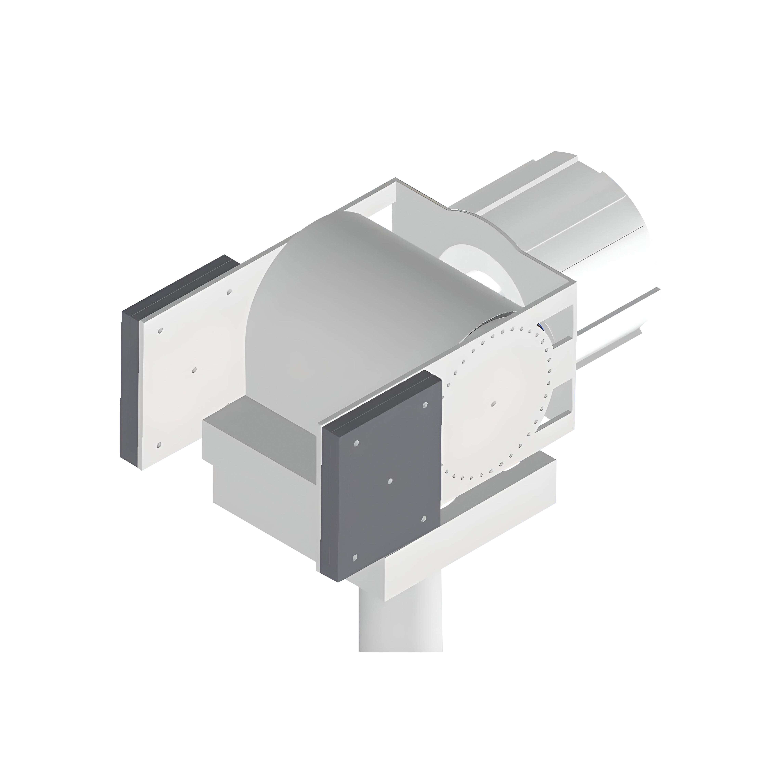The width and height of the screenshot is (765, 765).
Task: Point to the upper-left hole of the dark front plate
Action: (x=356, y=443)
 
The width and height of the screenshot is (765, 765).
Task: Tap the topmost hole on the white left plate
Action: (x=229, y=292)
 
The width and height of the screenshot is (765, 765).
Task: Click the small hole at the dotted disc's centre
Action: (x=493, y=403)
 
